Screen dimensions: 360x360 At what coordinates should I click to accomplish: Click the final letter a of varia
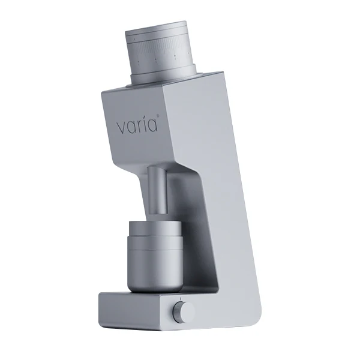(x=153, y=127)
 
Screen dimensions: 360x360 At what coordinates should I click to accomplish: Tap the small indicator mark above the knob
(x=179, y=299)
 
